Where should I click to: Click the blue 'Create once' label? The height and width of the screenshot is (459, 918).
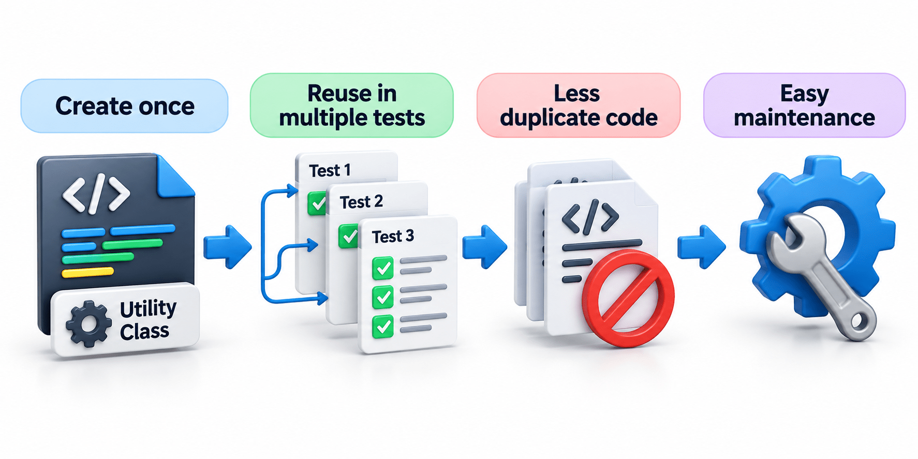pos(124,106)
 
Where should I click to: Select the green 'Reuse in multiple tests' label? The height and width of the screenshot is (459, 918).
pos(352,106)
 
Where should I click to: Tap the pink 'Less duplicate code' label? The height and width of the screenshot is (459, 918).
pos(579,106)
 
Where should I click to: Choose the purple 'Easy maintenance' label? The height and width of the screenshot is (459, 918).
pos(805,106)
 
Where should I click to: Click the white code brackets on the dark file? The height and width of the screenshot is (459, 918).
pos(96,194)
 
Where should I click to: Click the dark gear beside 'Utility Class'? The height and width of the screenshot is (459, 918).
pos(88,323)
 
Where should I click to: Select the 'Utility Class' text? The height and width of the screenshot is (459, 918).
pos(147,320)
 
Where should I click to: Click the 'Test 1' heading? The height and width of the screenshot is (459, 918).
pos(330,170)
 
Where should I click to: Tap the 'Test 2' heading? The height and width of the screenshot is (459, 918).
pos(361,202)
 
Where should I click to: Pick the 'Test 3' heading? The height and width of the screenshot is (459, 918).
pos(393,236)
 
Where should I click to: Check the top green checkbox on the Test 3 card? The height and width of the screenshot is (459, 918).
pos(383,268)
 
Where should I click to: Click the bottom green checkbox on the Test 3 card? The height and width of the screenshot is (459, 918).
pos(383,327)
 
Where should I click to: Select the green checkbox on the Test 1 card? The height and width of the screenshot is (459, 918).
pos(316,203)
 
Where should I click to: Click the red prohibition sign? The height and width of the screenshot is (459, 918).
pos(628,299)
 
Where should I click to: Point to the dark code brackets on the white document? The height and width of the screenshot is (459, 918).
pos(590,216)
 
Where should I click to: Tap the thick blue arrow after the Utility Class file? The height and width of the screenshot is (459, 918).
pos(227,247)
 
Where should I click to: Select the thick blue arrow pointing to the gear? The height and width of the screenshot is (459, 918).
pos(701,247)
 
